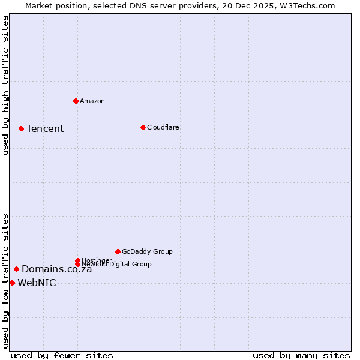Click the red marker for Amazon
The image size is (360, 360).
[76, 101]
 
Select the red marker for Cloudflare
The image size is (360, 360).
[143, 127]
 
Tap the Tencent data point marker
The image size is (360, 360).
[21, 128]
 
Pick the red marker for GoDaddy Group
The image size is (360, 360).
[118, 251]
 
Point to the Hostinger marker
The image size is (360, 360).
[77, 260]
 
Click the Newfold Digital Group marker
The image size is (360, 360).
[78, 264]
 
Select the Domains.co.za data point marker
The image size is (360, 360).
[16, 269]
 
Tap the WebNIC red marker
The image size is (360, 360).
[12, 283]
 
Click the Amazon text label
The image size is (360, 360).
[92, 101]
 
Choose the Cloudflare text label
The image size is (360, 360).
[163, 127]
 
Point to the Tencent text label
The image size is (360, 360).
[45, 128]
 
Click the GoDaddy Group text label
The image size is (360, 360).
[147, 251]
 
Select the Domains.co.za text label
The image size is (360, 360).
[57, 269]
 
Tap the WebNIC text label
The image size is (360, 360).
[37, 283]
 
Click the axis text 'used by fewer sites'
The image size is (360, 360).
[62, 355]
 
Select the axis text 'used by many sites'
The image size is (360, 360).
[301, 355]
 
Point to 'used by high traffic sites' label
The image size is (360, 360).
[6, 85]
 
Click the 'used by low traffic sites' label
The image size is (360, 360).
[6, 281]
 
